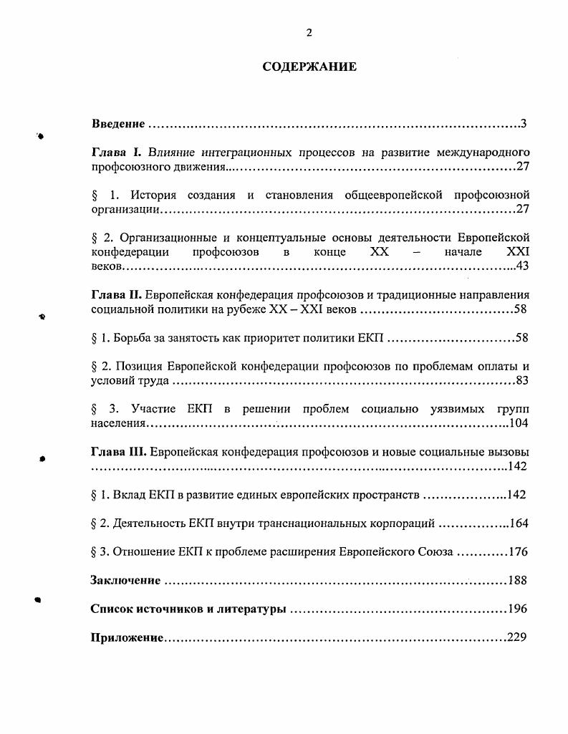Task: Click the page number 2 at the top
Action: (309, 32)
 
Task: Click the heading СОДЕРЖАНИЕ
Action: (309, 67)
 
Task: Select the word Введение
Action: (119, 124)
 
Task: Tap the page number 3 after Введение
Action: (524, 124)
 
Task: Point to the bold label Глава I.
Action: (118, 153)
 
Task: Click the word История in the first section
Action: (153, 195)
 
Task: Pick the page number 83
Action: (521, 380)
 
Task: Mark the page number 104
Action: (518, 423)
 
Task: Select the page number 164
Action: (518, 523)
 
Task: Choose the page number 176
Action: (518, 552)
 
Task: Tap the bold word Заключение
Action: (125, 580)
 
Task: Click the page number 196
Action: (516, 609)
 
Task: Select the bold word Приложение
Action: (127, 637)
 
